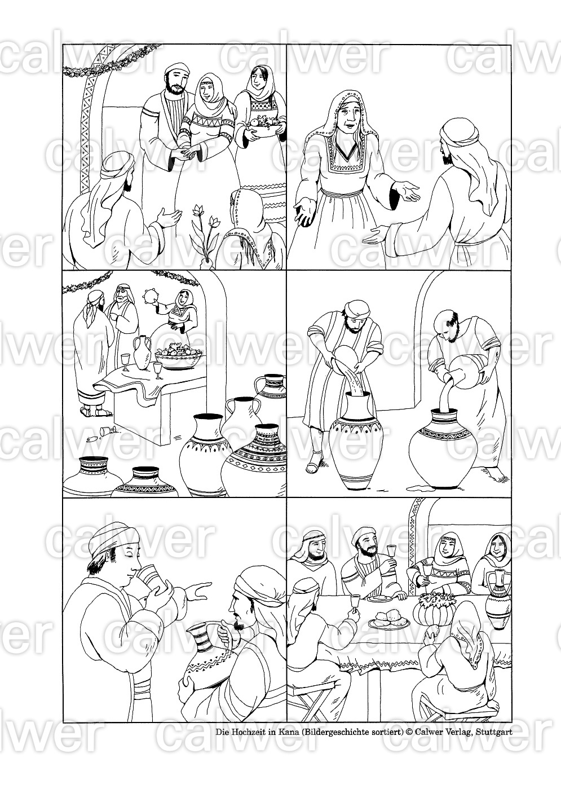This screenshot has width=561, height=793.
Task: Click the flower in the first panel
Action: click(205, 234)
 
